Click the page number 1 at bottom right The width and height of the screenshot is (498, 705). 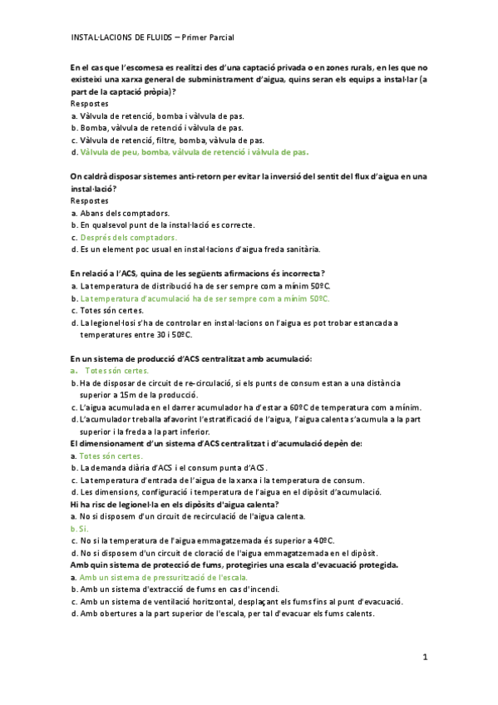pos(424,657)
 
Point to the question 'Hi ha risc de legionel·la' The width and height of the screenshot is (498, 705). pos(175,504)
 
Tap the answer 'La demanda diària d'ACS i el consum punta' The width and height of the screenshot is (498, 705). pos(167,468)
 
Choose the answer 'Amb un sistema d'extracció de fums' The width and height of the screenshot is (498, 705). pos(167,589)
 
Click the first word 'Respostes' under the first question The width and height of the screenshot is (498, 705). pos(90,104)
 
